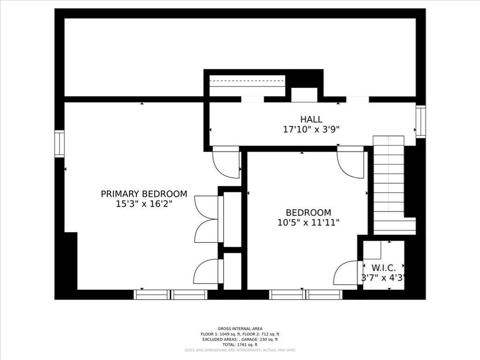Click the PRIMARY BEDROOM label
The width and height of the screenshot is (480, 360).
coord(144,194)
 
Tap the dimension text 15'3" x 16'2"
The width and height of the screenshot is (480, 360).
coord(144,204)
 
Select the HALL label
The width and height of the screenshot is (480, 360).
coord(311,120)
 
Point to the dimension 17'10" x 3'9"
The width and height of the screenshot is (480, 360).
coord(311,130)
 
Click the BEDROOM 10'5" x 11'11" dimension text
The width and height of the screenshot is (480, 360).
coord(308,223)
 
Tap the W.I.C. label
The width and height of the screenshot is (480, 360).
coord(383,268)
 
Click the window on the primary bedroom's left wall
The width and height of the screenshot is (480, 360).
coord(60,143)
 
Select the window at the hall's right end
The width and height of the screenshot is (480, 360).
coord(420,122)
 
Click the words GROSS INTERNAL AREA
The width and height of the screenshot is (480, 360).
coord(240,329)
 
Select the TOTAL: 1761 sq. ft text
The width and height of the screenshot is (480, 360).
coord(240,344)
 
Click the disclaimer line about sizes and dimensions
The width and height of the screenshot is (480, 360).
coord(240,350)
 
